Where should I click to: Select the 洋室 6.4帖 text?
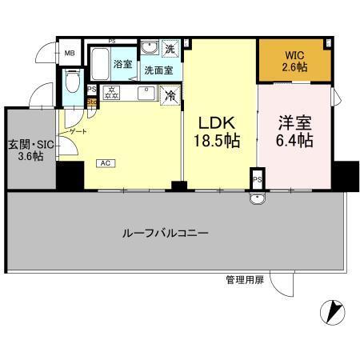click(294, 132)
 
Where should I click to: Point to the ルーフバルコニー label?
click(166, 234)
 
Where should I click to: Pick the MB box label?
click(70, 55)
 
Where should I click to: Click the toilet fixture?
click(71, 84)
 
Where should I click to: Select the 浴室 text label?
click(123, 63)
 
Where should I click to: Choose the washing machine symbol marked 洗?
click(170, 50)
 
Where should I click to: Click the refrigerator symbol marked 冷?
click(170, 94)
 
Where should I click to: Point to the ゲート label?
click(78, 130)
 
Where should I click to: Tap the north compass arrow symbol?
click(333, 310)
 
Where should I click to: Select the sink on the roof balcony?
click(256, 199)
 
